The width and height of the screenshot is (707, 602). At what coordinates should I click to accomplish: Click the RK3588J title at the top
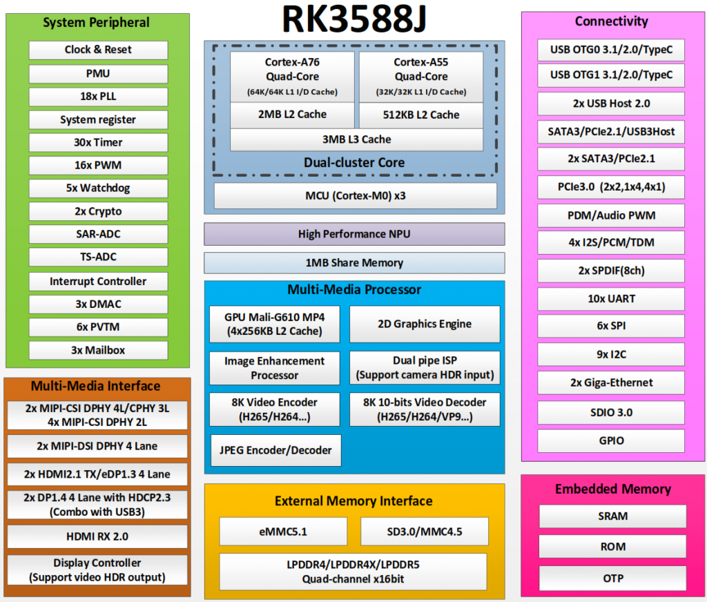pyautogui.click(x=354, y=19)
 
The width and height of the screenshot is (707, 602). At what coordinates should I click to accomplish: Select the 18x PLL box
pyautogui.click(x=98, y=97)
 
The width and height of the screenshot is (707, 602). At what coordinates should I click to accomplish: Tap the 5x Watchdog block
pyautogui.click(x=98, y=188)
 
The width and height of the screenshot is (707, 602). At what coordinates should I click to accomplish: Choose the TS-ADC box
pyautogui.click(x=98, y=257)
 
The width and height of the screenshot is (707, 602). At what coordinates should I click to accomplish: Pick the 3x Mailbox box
pyautogui.click(x=98, y=351)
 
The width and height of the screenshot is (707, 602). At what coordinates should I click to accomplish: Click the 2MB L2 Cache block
pyautogui.click(x=292, y=115)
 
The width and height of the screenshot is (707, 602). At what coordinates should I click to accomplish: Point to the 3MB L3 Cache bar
pyautogui.click(x=357, y=139)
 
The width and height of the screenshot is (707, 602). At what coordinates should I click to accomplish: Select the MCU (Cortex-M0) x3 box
pyautogui.click(x=356, y=195)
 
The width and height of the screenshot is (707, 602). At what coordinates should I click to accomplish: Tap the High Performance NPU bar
pyautogui.click(x=354, y=234)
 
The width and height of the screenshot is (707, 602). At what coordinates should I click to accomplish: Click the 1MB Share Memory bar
pyautogui.click(x=354, y=263)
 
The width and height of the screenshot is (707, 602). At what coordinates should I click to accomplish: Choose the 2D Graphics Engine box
pyautogui.click(x=425, y=324)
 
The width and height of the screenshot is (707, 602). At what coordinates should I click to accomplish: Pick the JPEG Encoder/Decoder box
pyautogui.click(x=275, y=451)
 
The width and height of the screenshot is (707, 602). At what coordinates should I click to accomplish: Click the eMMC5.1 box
pyautogui.click(x=283, y=532)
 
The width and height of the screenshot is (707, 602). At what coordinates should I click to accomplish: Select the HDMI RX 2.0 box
pyautogui.click(x=97, y=536)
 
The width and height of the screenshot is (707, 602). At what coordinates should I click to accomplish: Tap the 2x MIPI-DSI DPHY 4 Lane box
pyautogui.click(x=97, y=447)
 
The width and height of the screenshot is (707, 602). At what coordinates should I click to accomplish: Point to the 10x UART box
pyautogui.click(x=611, y=299)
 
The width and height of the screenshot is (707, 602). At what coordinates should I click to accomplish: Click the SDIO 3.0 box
pyautogui.click(x=611, y=413)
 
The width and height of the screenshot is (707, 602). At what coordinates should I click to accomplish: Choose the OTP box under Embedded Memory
pyautogui.click(x=613, y=579)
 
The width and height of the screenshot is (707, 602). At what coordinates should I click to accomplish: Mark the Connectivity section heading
pyautogui.click(x=612, y=21)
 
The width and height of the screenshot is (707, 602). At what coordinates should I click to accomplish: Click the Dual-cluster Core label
pyautogui.click(x=354, y=162)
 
